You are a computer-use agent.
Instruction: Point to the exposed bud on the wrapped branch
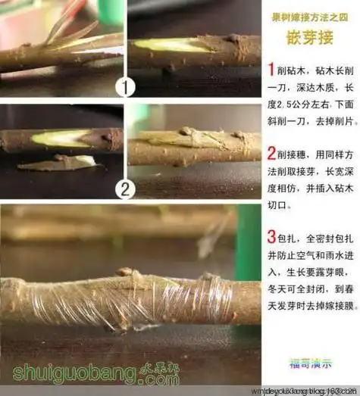[x=127, y=273]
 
